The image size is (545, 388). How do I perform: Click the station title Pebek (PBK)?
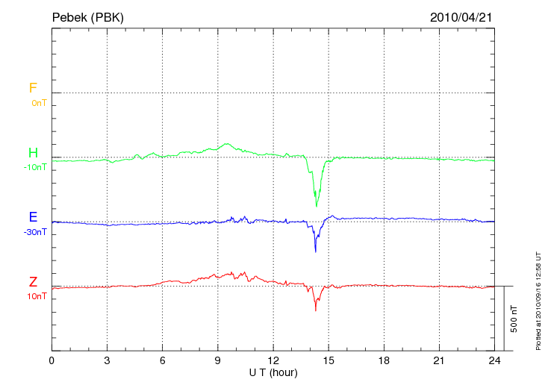tap(87, 16)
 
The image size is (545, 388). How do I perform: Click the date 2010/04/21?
tap(461, 16)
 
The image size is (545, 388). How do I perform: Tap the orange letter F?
tap(33, 88)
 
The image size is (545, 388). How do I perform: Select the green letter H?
tap(33, 153)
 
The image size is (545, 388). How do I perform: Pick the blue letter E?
tap(33, 217)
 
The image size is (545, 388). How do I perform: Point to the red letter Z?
tap(33, 282)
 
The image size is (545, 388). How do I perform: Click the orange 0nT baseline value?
tap(38, 102)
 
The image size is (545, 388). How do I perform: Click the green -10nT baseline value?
tap(35, 167)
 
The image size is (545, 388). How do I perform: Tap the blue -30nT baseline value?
tap(35, 232)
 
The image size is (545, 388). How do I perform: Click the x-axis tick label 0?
tap(52, 360)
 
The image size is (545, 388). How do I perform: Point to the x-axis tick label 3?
tap(107, 360)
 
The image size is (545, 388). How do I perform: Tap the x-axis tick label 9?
tap(218, 360)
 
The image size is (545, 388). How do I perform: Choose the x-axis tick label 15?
tap(328, 360)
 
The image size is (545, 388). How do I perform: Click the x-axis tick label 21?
tap(440, 360)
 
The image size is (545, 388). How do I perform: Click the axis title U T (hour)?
tap(273, 372)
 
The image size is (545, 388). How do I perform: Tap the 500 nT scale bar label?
tap(514, 319)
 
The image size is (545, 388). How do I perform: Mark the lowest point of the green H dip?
tap(317, 206)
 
